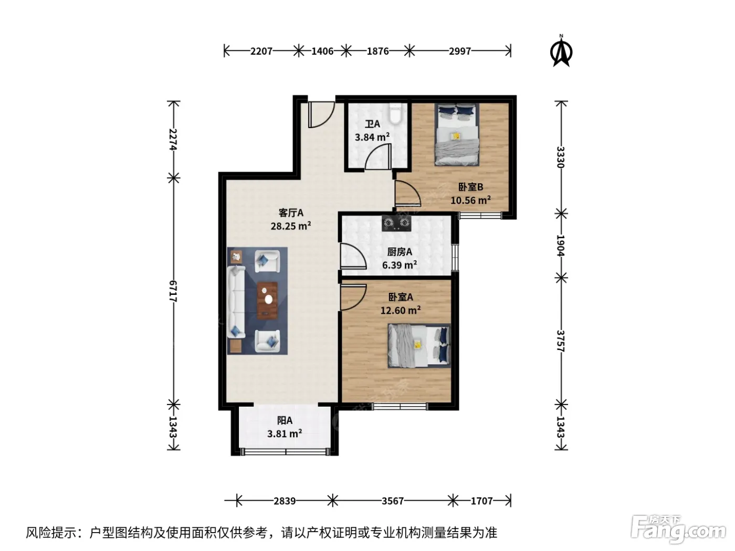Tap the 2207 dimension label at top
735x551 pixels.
261,51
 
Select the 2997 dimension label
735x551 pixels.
460,51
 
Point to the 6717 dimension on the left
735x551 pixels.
173,291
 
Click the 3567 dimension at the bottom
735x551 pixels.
393,501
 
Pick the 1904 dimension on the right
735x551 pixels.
561,245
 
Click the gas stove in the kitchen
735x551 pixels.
396,223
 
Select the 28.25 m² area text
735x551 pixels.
291,226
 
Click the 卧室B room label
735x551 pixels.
470,187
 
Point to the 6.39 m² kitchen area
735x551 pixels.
400,265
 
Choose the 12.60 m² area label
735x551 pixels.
401,311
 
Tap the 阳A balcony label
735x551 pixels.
285,420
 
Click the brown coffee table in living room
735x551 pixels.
267,300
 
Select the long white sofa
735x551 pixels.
236,301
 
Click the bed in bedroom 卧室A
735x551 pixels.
419,346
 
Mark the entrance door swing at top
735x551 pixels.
321,115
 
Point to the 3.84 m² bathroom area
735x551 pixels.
372,137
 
